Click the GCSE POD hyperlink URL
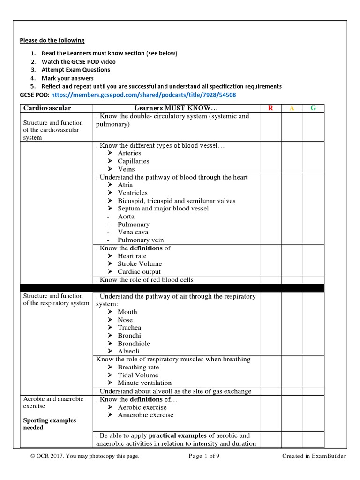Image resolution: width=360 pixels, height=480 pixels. (x=143, y=95)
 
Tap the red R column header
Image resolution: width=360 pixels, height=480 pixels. (x=270, y=108)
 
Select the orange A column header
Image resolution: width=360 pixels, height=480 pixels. (x=292, y=108)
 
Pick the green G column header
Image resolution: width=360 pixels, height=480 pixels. (x=313, y=108)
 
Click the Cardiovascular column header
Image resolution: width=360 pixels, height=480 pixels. (x=47, y=108)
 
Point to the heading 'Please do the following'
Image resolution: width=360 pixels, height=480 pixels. (x=52, y=40)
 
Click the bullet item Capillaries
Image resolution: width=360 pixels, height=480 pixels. (x=133, y=161)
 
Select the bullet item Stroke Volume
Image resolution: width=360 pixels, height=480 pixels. (x=139, y=263)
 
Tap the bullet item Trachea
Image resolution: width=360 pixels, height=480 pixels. (x=129, y=328)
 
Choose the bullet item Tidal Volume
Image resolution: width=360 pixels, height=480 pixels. (x=138, y=375)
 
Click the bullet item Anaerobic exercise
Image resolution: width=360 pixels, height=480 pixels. (x=145, y=415)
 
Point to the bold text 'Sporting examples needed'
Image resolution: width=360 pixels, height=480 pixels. (x=50, y=424)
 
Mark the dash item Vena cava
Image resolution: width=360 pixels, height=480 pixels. (x=133, y=232)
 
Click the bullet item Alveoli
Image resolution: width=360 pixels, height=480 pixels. (x=128, y=351)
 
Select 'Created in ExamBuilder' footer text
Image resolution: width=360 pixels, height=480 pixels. (x=314, y=456)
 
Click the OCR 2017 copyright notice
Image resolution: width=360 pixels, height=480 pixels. (x=82, y=456)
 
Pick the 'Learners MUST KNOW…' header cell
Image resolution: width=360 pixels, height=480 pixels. (x=176, y=108)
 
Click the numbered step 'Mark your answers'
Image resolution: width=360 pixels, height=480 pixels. (x=67, y=78)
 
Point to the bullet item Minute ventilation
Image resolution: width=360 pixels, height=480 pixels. (x=144, y=383)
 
